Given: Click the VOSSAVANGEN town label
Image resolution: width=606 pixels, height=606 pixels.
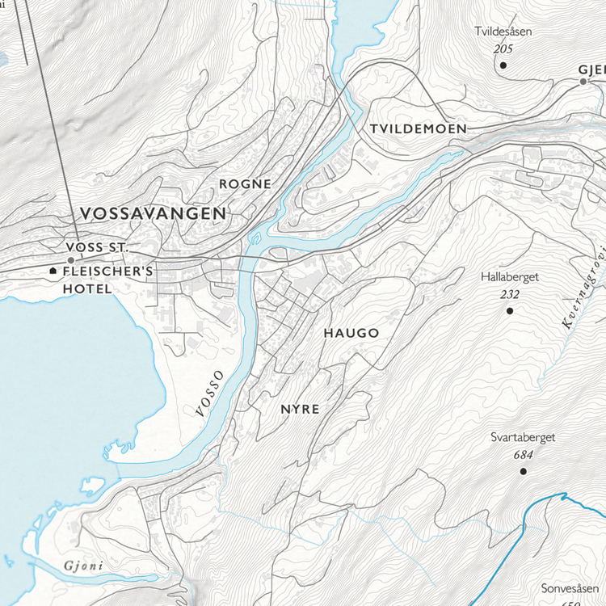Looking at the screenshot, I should pyautogui.click(x=154, y=213).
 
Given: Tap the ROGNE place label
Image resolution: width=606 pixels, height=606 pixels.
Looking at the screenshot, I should pyautogui.click(x=246, y=184).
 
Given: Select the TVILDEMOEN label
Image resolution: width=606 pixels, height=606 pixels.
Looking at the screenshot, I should pyautogui.click(x=418, y=129).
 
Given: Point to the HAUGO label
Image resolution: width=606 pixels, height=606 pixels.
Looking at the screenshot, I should pyautogui.click(x=351, y=333).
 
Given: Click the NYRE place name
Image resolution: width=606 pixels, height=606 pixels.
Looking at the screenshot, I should pyautogui.click(x=300, y=410).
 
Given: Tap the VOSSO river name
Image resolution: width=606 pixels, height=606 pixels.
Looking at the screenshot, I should pyautogui.click(x=208, y=393).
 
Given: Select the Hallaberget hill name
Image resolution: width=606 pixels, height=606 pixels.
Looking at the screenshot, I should pyautogui.click(x=509, y=277).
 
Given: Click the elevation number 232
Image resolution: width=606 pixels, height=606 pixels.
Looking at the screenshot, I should pyautogui.click(x=509, y=294).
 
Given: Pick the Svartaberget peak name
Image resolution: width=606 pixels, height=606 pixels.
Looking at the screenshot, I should pyautogui.click(x=523, y=438).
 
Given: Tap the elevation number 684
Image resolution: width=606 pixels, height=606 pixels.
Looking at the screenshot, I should pyautogui.click(x=523, y=455).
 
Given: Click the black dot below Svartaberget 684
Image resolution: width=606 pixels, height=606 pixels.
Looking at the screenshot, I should pyautogui.click(x=523, y=470).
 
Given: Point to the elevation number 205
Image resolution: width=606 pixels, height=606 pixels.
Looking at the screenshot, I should pyautogui.click(x=503, y=49).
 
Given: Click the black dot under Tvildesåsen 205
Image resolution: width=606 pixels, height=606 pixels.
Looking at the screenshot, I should pyautogui.click(x=503, y=65).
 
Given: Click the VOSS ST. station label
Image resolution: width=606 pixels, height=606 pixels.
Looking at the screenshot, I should pyautogui.click(x=98, y=246).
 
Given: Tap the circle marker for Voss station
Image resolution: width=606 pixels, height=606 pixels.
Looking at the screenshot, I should pyautogui.click(x=71, y=260).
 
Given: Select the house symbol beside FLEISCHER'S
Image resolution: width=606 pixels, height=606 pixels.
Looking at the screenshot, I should pyautogui.click(x=53, y=271).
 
